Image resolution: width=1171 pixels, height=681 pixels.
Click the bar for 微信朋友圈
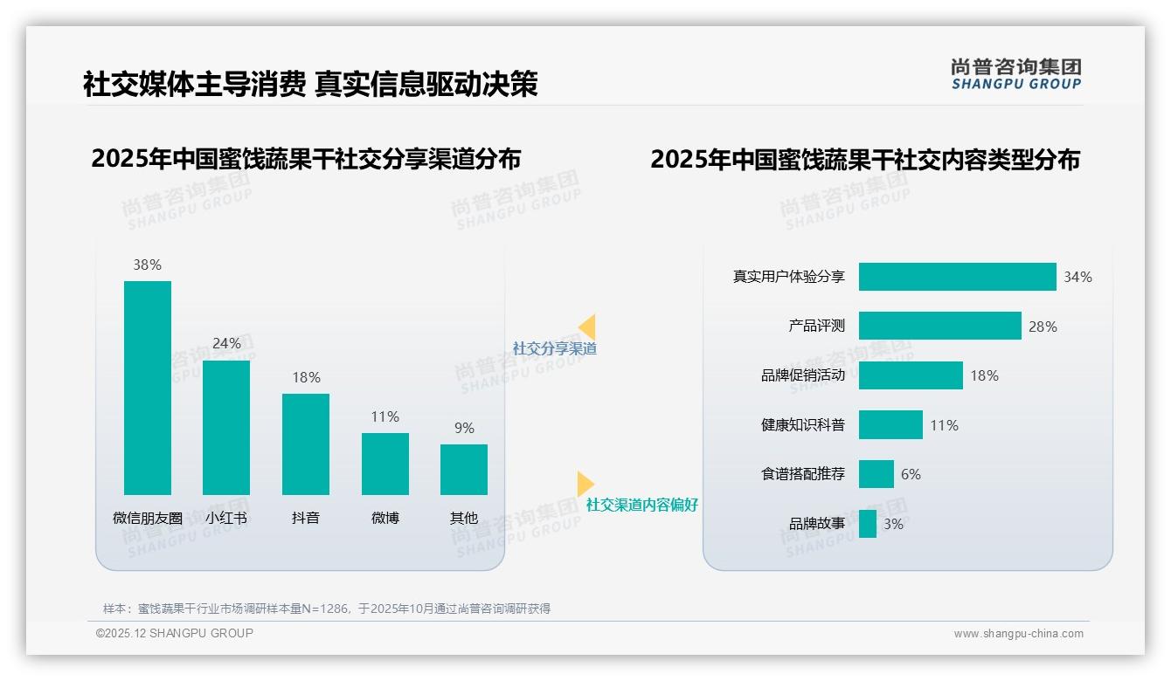tap(148, 388)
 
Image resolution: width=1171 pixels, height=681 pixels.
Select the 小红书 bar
tap(226, 428)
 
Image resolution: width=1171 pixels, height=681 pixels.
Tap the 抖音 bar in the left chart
tap(306, 444)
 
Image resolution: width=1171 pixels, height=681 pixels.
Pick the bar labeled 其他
tap(464, 470)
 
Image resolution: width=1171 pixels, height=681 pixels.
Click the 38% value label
tap(148, 265)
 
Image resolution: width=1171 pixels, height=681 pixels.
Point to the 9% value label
tap(464, 428)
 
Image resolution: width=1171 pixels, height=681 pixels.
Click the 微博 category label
tap(385, 518)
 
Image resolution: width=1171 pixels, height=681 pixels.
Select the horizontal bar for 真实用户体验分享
tap(957, 277)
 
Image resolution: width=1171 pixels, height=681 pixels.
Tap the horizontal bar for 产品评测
tap(939, 326)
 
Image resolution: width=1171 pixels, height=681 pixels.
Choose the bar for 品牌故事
tap(868, 524)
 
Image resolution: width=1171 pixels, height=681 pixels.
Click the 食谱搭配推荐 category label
tap(803, 474)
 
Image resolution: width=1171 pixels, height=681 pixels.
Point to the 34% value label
tap(1077, 277)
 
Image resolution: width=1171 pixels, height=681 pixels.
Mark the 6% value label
tap(911, 474)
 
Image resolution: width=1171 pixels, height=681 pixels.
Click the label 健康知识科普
tap(803, 425)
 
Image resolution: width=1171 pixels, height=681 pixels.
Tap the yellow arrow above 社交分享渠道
tap(587, 327)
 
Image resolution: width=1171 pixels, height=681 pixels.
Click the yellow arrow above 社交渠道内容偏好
tap(585, 484)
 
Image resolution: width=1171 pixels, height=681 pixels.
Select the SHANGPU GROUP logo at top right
tap(1016, 74)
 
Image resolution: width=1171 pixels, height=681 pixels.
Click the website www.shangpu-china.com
tap(1018, 634)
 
